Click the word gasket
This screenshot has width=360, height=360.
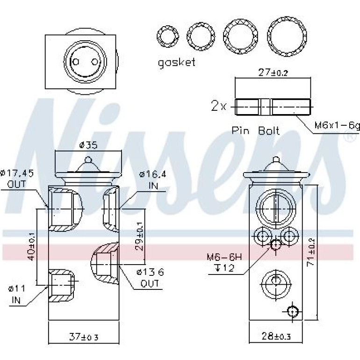(177, 63)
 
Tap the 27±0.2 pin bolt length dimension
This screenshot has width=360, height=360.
(273, 73)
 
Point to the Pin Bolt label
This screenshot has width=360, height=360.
(256, 130)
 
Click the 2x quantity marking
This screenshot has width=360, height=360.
(219, 106)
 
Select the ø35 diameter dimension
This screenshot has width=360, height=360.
(88, 145)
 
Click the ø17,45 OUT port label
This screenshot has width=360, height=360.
(17, 179)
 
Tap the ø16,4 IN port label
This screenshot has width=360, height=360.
(153, 180)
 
